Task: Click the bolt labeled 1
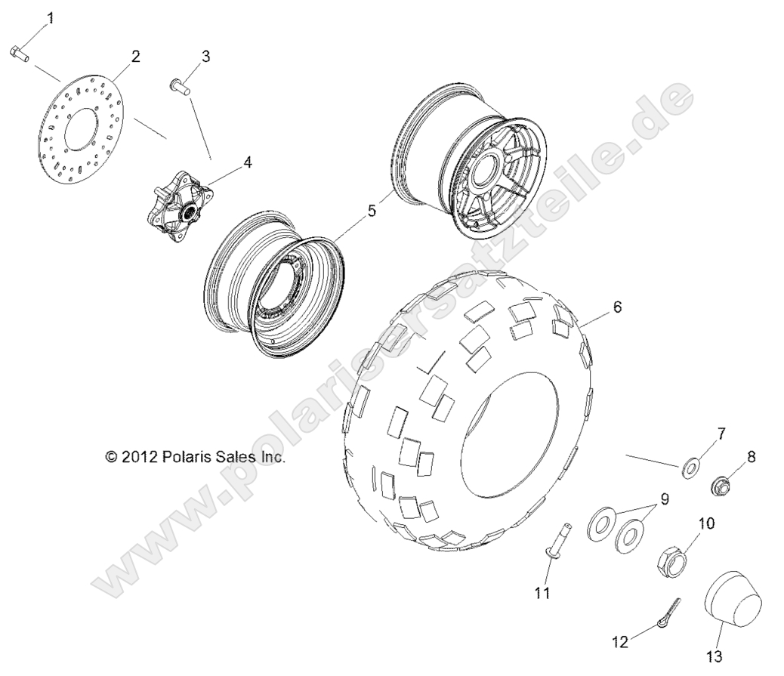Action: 19,53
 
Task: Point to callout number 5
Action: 372,211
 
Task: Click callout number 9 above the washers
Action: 664,499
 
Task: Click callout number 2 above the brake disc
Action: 135,56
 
